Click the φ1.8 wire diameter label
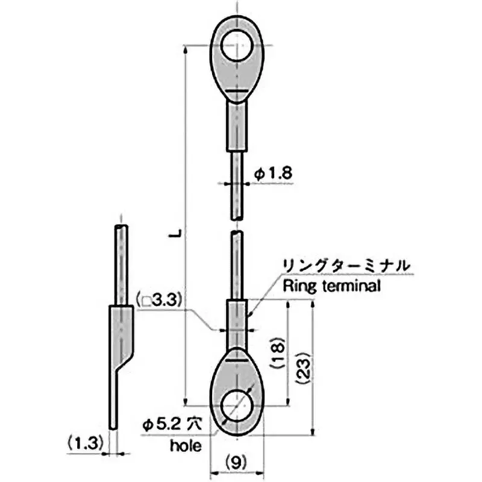tap(273, 174)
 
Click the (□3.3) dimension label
tap(159, 299)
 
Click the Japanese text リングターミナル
tap(345, 265)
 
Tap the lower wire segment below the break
tap(237, 265)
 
